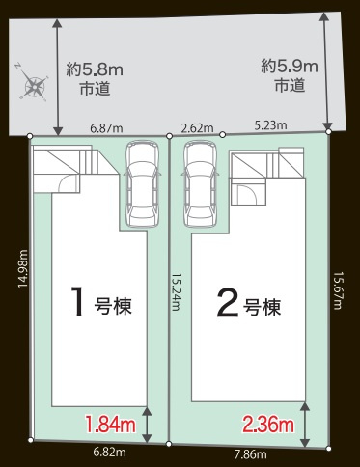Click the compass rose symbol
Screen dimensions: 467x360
34,86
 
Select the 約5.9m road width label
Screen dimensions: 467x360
290,67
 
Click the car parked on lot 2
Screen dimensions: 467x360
199,179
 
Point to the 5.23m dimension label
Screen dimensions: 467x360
270,124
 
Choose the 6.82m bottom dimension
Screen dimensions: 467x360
108,450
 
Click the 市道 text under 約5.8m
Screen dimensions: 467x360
95,89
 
